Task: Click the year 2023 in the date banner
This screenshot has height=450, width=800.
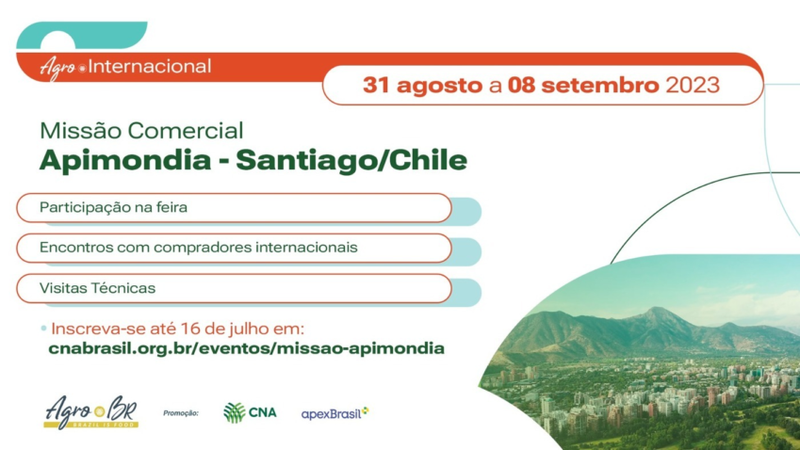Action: coord(693,85)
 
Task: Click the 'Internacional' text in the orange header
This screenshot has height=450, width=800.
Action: coord(150,67)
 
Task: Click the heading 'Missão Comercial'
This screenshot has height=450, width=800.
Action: coord(141,131)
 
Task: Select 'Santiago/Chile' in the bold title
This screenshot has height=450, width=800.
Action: coord(351,160)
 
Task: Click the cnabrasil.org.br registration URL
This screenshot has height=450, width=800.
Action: coord(246,348)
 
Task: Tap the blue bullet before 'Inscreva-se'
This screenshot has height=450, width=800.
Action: coord(43,329)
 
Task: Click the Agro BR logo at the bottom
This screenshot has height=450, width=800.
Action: coord(91,411)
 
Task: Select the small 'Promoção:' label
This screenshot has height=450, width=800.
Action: coord(181,412)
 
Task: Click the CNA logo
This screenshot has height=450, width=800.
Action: coord(250,412)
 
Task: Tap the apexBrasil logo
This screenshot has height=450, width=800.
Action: coord(335,412)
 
